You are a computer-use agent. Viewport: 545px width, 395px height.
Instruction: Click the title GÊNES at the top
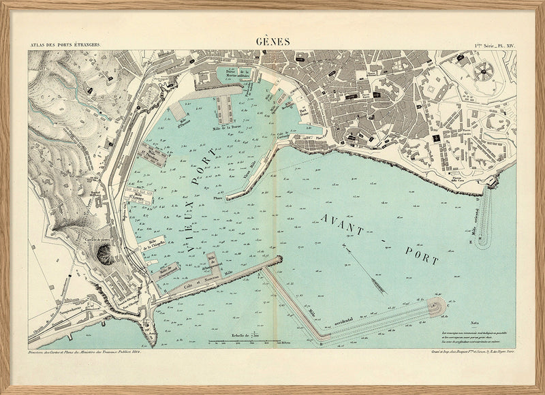point(272,42)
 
